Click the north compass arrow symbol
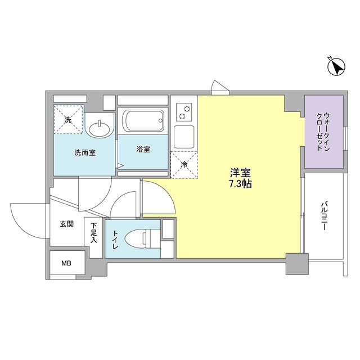(x=336, y=67)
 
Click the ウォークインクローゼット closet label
(x=323, y=131)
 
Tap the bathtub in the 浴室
(x=143, y=119)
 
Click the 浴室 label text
(x=143, y=150)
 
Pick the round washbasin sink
(x=100, y=128)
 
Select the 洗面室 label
(x=84, y=152)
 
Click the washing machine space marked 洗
(x=68, y=119)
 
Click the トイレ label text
(x=115, y=238)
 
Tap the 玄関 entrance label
(x=67, y=224)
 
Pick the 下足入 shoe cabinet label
(x=93, y=231)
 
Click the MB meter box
(x=67, y=262)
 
